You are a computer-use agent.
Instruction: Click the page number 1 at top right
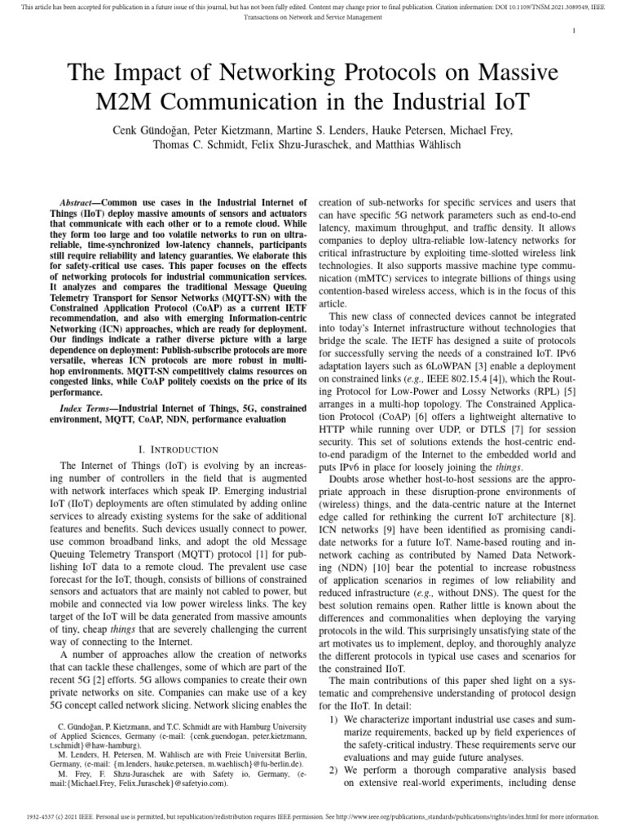tap(597, 30)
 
